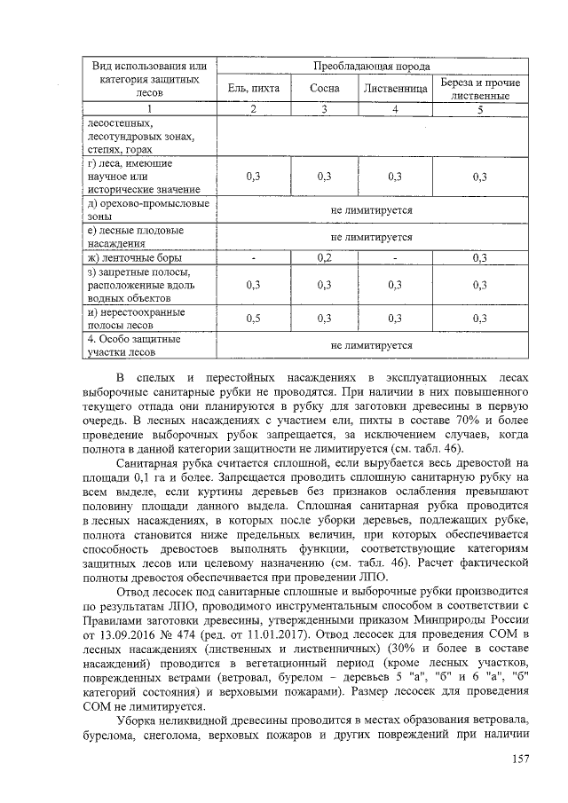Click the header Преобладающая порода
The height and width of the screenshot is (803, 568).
tap(373, 67)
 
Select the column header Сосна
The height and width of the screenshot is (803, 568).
tap(325, 89)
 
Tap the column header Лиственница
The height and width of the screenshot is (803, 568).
tap(394, 89)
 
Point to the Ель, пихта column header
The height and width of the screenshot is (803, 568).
tap(253, 89)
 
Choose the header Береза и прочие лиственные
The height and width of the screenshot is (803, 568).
tap(480, 89)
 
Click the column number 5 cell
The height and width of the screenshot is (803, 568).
tap(480, 109)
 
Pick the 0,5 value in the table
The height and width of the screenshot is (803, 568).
tap(253, 318)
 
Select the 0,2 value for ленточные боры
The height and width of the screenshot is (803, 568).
tap(325, 258)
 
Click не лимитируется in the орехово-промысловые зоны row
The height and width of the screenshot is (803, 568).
tap(372, 210)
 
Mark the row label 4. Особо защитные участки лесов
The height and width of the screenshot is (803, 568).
tap(133, 345)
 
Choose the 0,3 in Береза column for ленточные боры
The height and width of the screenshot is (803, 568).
tap(480, 258)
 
